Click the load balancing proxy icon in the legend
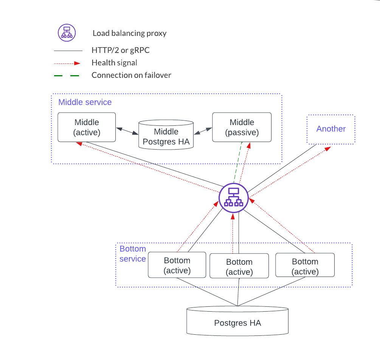pyautogui.click(x=67, y=32)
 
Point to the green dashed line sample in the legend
pyautogui.click(x=67, y=76)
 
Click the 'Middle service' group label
pyautogui.click(x=85, y=102)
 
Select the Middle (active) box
pyautogui.click(x=87, y=127)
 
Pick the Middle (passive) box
pyautogui.click(x=242, y=127)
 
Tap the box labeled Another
pyautogui.click(x=331, y=129)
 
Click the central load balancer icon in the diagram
pyautogui.click(x=234, y=197)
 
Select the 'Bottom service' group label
pyautogui.click(x=132, y=254)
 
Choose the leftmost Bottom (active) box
pyautogui.click(x=177, y=266)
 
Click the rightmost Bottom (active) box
pyautogui.click(x=305, y=266)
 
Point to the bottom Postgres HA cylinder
pyautogui.click(x=237, y=323)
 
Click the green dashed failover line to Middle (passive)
pyautogui.click(x=238, y=162)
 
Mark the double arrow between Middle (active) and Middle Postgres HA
pyautogui.click(x=127, y=131)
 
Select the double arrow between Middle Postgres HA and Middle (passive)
pyautogui.click(x=203, y=130)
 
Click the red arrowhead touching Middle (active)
pyautogui.click(x=79, y=144)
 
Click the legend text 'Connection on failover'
pyautogui.click(x=131, y=75)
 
